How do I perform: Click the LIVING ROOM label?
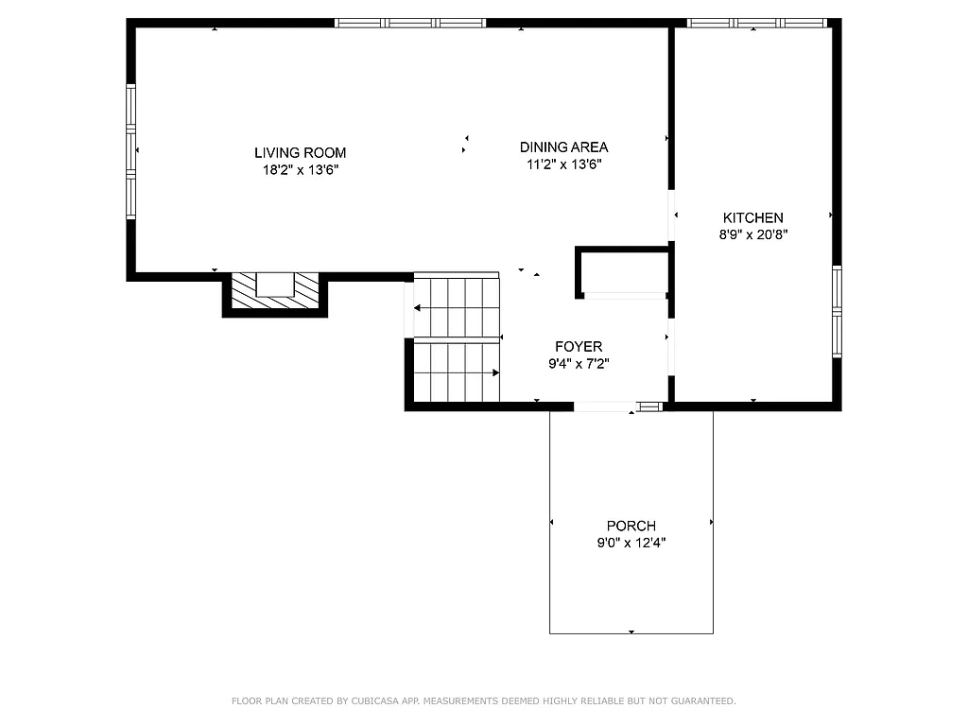(300, 152)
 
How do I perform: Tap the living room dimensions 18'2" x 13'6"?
(300, 170)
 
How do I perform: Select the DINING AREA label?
(563, 147)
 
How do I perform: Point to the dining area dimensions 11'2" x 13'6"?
(563, 164)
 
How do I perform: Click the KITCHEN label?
(752, 217)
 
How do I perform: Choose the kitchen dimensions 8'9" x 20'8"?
(752, 235)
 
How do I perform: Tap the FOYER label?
(578, 347)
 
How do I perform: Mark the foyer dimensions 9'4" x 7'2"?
(578, 364)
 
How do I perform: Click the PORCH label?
(631, 526)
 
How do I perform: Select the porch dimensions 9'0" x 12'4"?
(631, 544)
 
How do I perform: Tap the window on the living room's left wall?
(131, 151)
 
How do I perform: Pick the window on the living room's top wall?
(410, 23)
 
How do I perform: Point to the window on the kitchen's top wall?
(756, 23)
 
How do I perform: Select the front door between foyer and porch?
(605, 406)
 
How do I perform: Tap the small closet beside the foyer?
(624, 272)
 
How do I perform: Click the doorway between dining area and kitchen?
(672, 216)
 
